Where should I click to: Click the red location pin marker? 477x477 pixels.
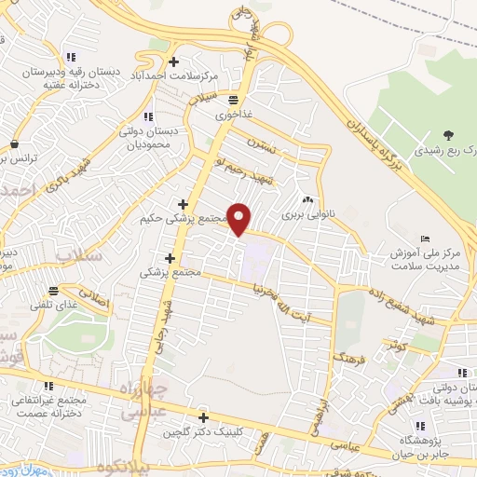pyautogui.click(x=239, y=220)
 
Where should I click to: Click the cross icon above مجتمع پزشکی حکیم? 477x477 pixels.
pyautogui.click(x=183, y=204)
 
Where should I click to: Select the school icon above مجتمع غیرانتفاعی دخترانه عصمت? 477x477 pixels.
pyautogui.click(x=48, y=386)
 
